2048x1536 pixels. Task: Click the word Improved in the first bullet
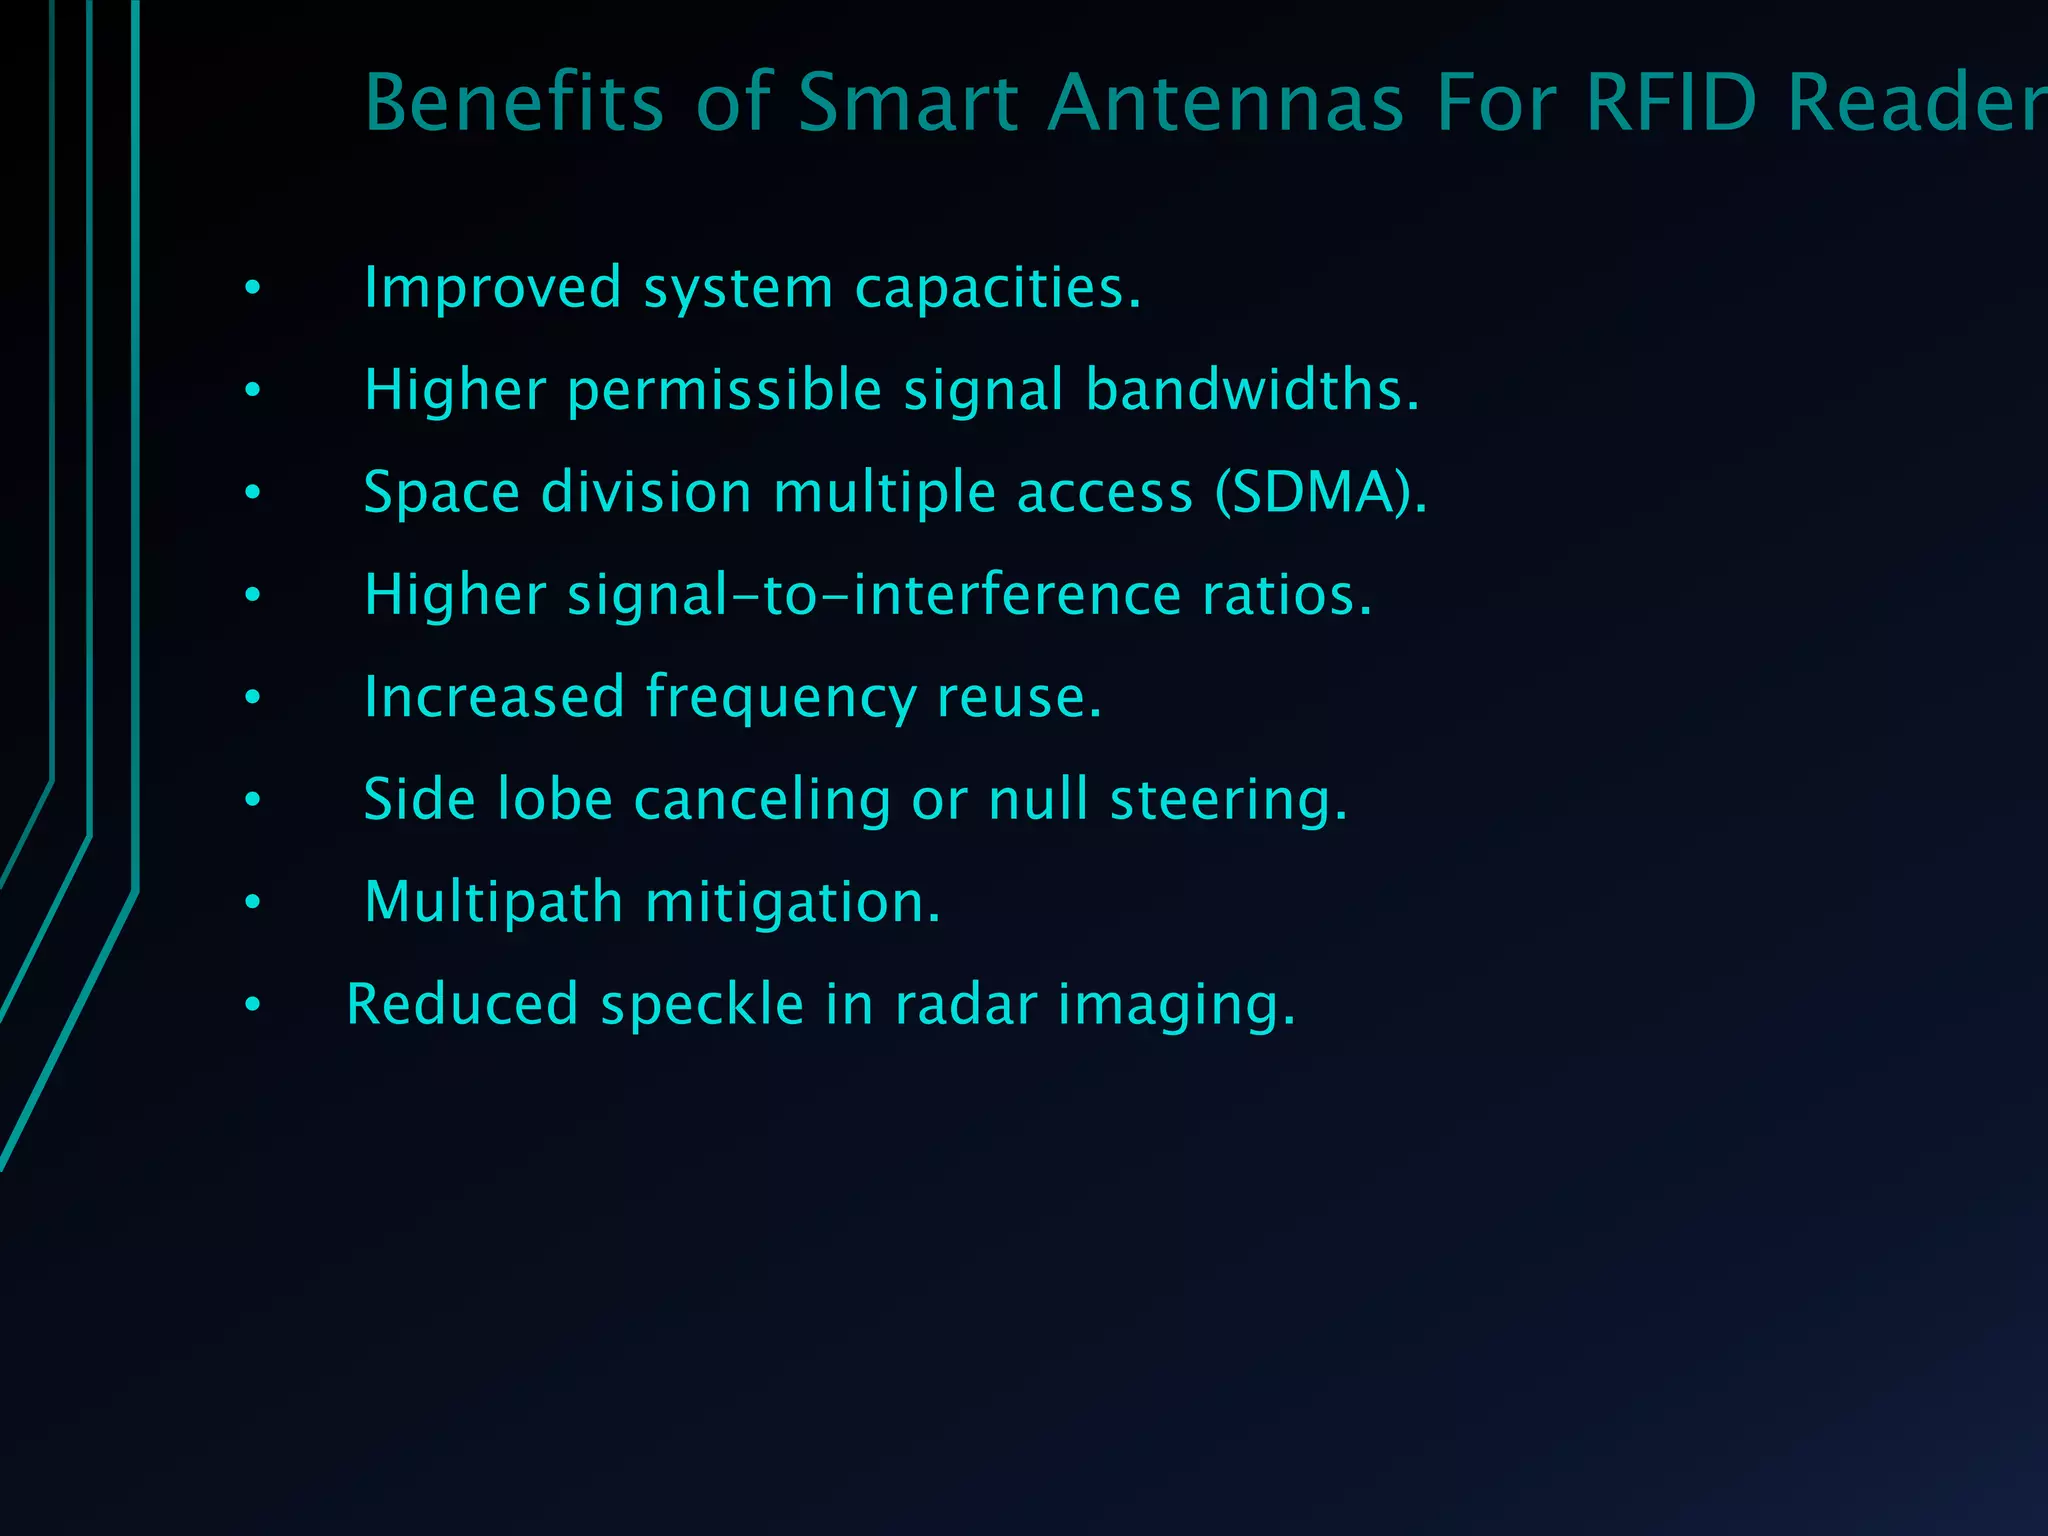492,288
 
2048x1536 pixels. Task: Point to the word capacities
997,288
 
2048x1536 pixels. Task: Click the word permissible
724,390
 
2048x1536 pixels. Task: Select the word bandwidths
1251,390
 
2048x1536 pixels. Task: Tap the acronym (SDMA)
1321,493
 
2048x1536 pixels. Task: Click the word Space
441,493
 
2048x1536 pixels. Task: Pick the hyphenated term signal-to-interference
875,595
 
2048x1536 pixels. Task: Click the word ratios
1286,595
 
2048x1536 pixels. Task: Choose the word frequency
780,698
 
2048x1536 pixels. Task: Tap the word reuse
1018,698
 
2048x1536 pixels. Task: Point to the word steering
1228,800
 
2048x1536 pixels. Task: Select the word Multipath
494,903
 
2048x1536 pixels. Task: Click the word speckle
701,1005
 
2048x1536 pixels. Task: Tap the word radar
965,1005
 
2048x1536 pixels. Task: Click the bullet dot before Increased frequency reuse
253,697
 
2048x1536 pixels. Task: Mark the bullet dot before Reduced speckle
253,1004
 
